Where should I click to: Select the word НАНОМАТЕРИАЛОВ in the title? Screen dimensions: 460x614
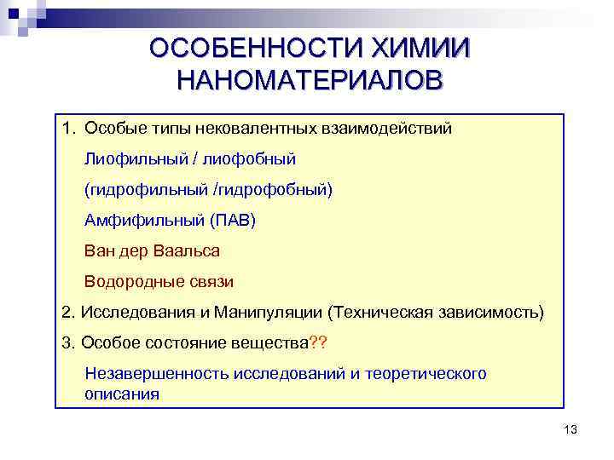(310, 81)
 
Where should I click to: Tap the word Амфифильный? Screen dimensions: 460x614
(141, 220)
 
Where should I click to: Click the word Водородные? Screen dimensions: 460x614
(132, 281)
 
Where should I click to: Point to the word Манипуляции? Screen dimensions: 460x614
(268, 312)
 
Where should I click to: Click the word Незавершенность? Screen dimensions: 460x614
(148, 373)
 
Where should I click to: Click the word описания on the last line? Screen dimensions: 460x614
(122, 394)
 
